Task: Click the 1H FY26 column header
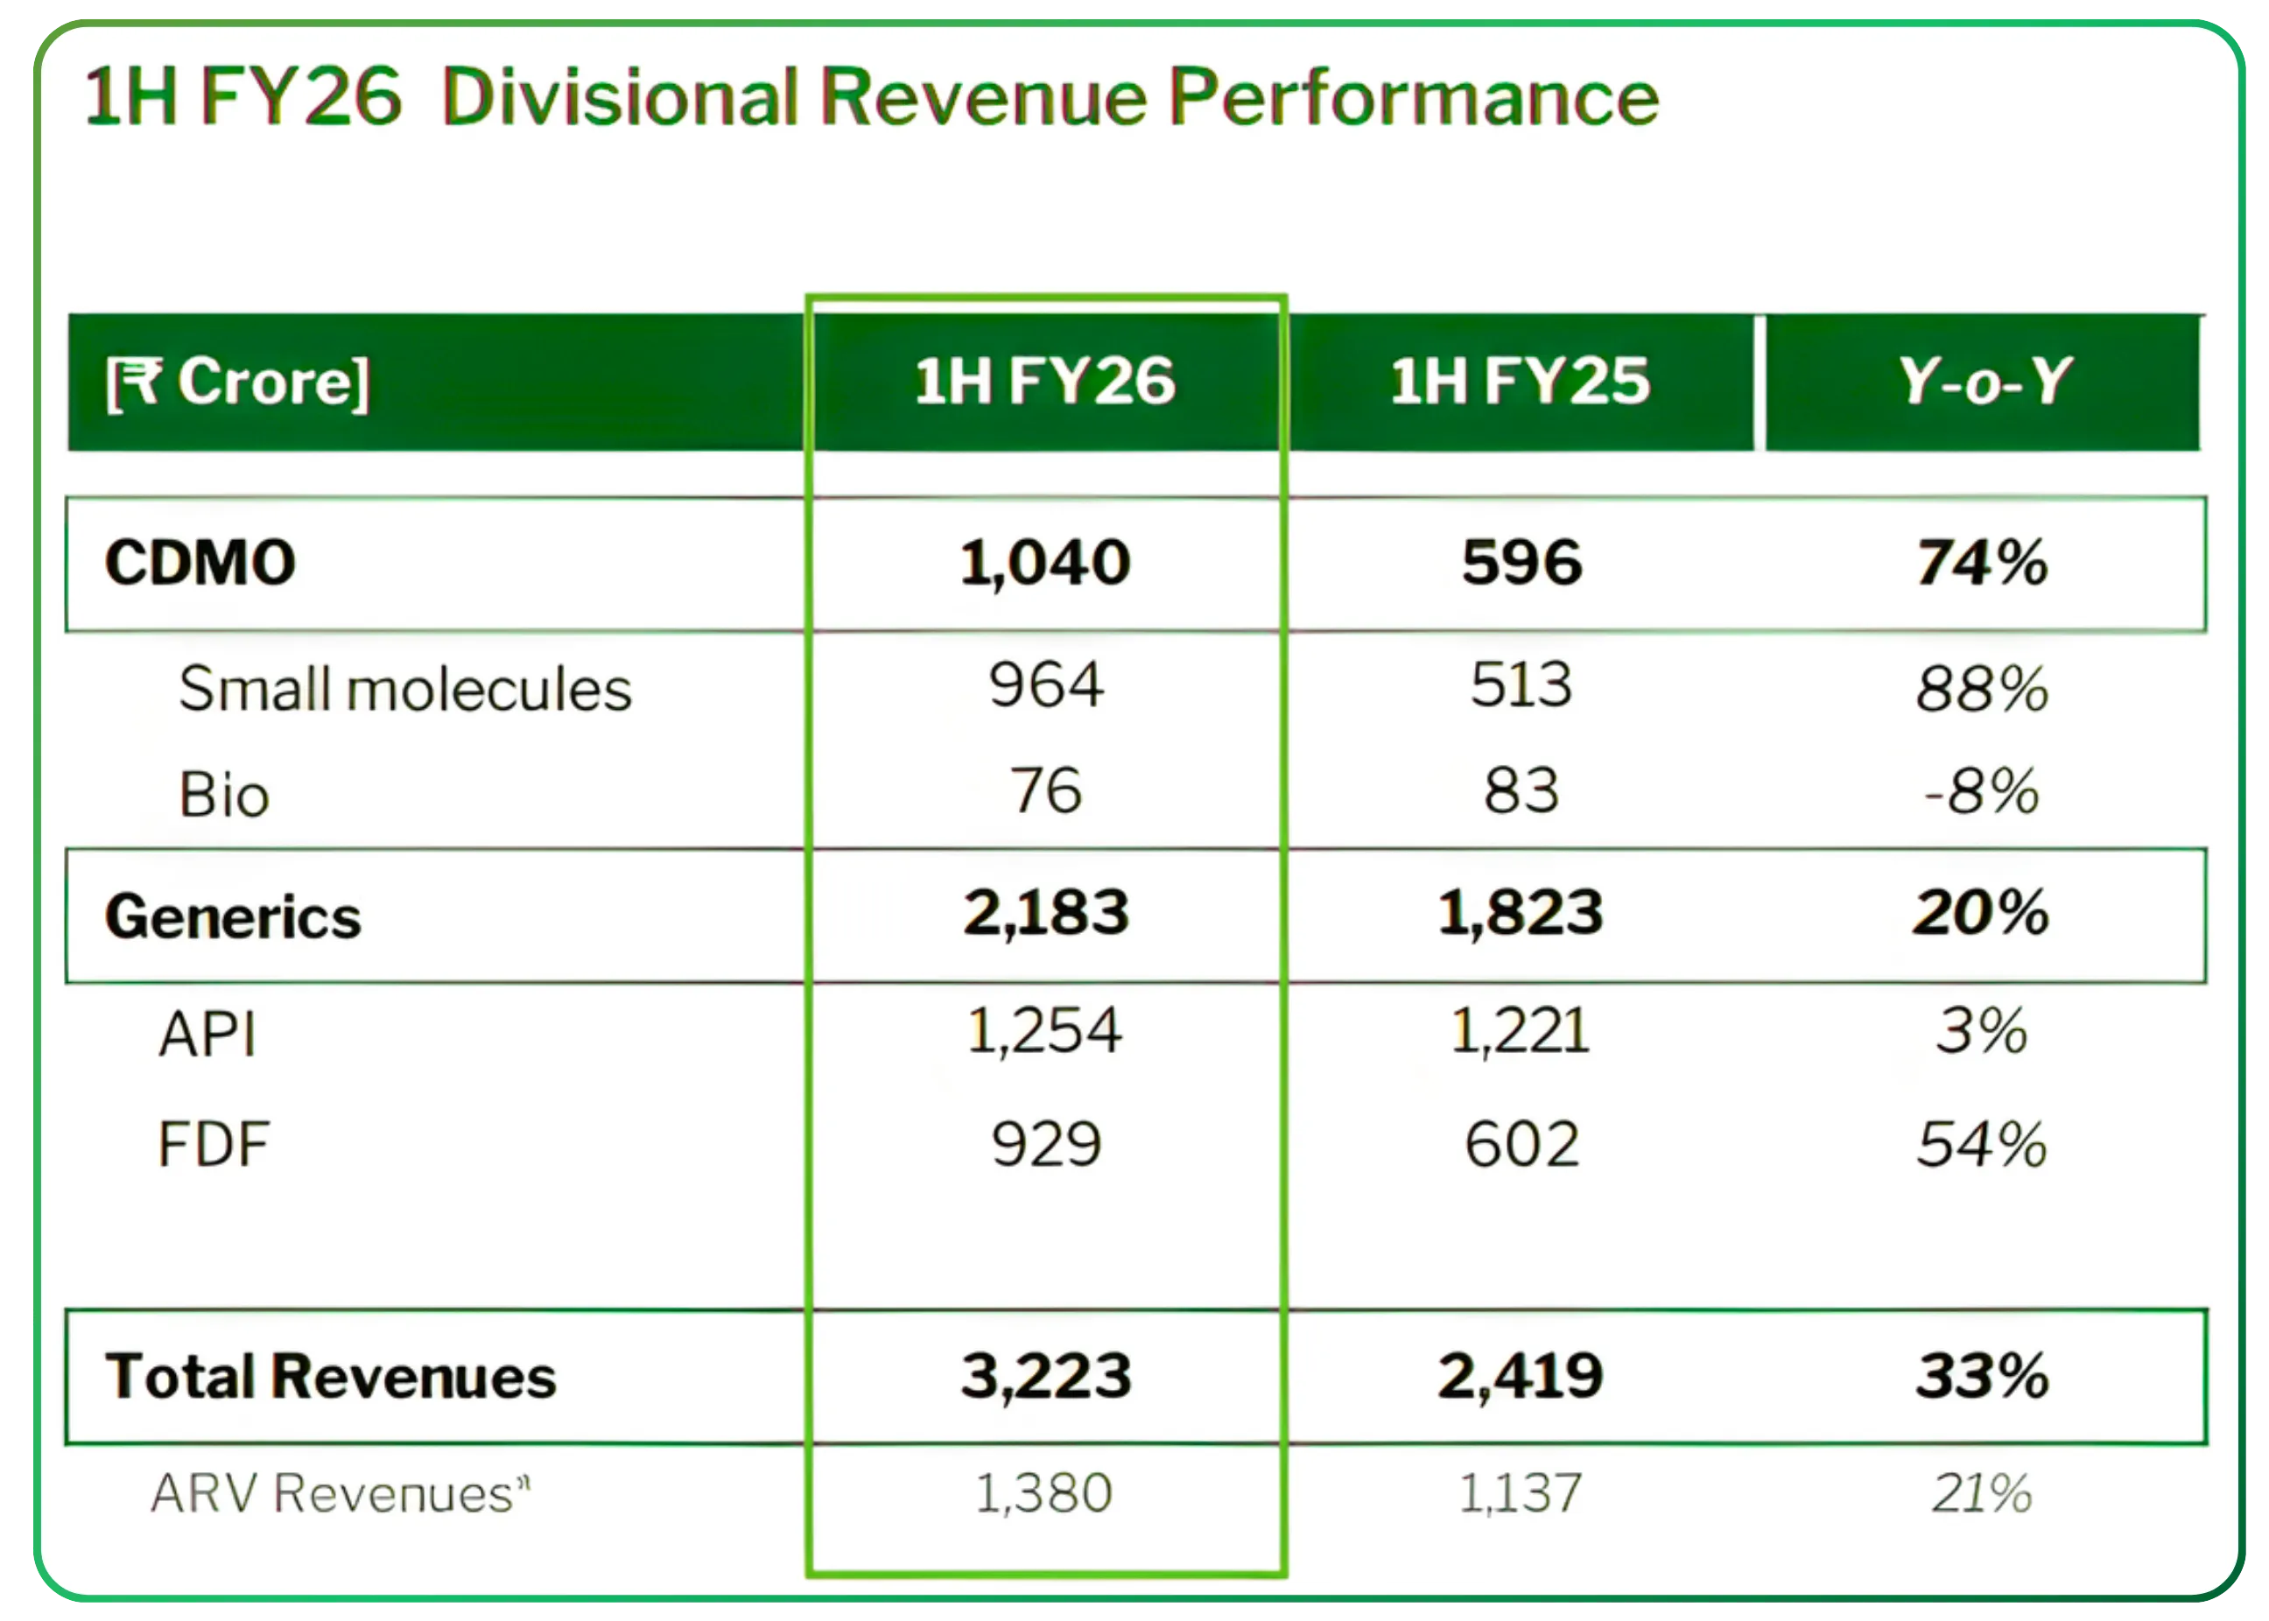1045,382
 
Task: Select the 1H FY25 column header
1521,382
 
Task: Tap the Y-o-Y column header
1984,382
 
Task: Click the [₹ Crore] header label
237,383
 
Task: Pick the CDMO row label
200,563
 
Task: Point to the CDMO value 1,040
1045,563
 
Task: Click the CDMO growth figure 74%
1982,563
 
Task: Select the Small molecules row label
404,689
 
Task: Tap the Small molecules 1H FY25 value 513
1521,685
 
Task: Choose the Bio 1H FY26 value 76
1045,790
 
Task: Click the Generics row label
233,917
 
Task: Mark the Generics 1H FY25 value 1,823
1521,913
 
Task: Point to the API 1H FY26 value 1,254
1045,1031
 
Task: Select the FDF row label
214,1144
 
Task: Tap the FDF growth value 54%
1982,1144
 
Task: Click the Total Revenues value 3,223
1045,1377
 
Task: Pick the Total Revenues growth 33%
1982,1377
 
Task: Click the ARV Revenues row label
340,1494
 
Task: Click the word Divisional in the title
620,98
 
